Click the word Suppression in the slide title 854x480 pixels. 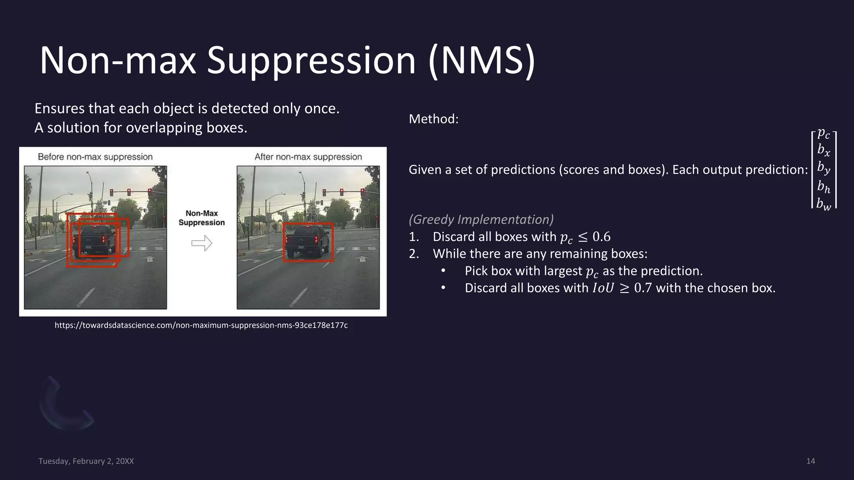311,61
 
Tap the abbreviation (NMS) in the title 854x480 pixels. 482,61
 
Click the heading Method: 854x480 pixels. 433,119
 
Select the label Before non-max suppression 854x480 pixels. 95,157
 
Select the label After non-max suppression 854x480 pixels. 308,157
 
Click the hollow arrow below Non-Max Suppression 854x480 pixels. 202,243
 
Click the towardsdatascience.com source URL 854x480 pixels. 201,325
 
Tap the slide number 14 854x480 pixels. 810,461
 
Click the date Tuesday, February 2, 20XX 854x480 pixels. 86,461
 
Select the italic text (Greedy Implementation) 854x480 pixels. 481,220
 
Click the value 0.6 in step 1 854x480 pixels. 601,237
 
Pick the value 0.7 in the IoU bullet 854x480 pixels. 643,288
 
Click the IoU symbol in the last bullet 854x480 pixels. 603,288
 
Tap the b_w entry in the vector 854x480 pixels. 824,204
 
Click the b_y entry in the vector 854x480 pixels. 824,168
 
